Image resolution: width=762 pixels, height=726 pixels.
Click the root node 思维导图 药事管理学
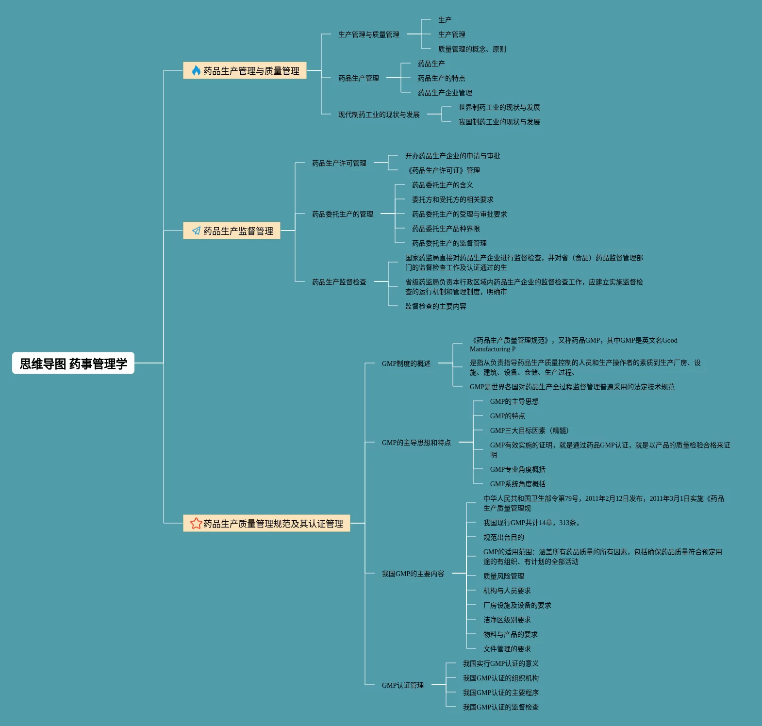pyautogui.click(x=73, y=363)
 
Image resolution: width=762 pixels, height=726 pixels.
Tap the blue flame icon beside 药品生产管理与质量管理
pyautogui.click(x=196, y=70)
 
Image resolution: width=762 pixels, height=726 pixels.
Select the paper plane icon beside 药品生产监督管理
pyautogui.click(x=196, y=231)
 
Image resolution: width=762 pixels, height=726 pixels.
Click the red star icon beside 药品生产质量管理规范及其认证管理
pyautogui.click(x=196, y=523)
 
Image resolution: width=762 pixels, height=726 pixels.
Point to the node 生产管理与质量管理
pyautogui.click(x=369, y=34)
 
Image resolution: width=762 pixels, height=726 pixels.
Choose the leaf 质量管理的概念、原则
pyautogui.click(x=472, y=49)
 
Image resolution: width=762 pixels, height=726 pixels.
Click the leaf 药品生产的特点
pyautogui.click(x=441, y=78)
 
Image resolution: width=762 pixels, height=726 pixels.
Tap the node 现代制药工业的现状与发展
pyautogui.click(x=379, y=115)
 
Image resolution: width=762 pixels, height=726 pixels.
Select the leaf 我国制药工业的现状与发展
pyautogui.click(x=499, y=122)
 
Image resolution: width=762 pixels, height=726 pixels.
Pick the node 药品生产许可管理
pyautogui.click(x=339, y=163)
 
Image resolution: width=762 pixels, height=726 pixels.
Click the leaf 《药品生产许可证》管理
pyautogui.click(x=443, y=170)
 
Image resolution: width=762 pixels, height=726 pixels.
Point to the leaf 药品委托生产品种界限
pyautogui.click(x=446, y=229)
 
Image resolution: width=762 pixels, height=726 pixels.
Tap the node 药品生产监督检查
pyautogui.click(x=339, y=282)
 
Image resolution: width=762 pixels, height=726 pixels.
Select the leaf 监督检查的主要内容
pyautogui.click(x=435, y=306)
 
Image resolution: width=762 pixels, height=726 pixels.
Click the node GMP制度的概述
pyautogui.click(x=406, y=363)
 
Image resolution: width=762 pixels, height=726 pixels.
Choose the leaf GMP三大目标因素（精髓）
pyautogui.click(x=529, y=430)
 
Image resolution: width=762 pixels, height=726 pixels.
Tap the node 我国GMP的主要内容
pyautogui.click(x=413, y=574)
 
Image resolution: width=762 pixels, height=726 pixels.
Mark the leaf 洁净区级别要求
pyautogui.click(x=507, y=620)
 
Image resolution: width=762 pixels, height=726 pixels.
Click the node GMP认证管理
pyautogui.click(x=402, y=685)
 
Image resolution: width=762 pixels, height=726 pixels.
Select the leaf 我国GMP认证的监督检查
pyautogui.click(x=500, y=707)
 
